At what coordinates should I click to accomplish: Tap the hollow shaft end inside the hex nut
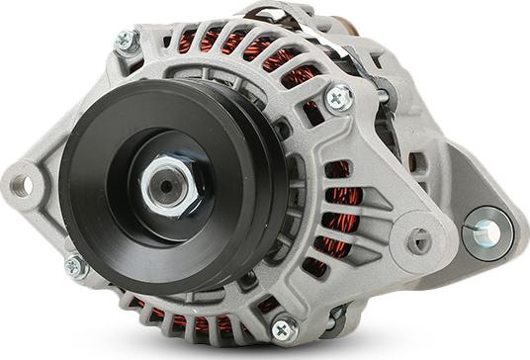[x=162, y=185]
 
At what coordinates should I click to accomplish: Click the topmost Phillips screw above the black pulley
[x=126, y=41]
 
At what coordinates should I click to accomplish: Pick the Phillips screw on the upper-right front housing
[x=338, y=97]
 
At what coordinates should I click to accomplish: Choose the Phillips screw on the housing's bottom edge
[x=283, y=328]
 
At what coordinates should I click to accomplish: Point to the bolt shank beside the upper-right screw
[x=382, y=95]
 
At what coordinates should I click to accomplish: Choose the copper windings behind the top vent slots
[x=227, y=45]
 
